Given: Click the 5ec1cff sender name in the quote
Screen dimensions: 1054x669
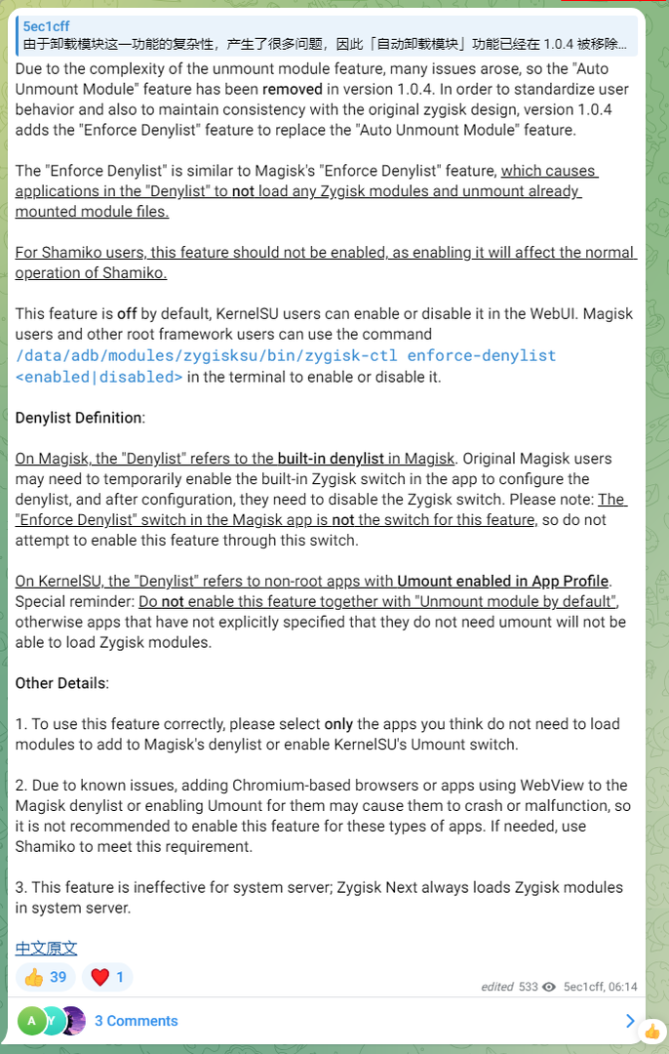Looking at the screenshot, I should (47, 26).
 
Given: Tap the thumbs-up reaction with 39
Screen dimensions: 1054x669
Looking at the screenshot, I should (45, 977).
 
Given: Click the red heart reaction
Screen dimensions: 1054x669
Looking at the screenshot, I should (107, 977).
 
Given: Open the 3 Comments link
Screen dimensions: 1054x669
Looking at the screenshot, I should (136, 1021).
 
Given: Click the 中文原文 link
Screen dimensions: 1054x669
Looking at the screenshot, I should (46, 948).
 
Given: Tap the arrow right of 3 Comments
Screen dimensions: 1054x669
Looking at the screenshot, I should (630, 1021).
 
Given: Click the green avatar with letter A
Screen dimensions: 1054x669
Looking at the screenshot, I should (30, 1021).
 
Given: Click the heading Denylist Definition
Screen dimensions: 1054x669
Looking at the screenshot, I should (79, 418).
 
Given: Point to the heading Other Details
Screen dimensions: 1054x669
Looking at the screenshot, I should (60, 683).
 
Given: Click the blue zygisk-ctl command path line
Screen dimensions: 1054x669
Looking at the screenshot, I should (286, 355).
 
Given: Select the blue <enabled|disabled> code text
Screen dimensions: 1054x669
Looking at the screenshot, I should (99, 377).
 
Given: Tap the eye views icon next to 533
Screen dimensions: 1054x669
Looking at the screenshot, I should (549, 987).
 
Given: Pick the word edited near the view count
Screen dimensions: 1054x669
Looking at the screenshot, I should (496, 987).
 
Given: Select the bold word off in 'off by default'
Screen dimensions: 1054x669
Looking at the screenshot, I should (127, 314).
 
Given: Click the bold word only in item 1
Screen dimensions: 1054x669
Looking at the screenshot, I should (337, 724).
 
